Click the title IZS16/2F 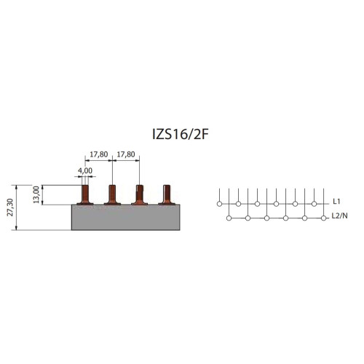click(x=181, y=134)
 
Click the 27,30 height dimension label click(x=10, y=207)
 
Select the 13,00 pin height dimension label click(x=36, y=194)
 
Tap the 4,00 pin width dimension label click(x=85, y=170)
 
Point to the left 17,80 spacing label click(x=99, y=154)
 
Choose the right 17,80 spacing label click(x=126, y=154)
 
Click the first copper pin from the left click(x=85, y=194)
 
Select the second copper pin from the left click(x=112, y=194)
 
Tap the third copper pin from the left click(x=140, y=194)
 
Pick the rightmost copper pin click(x=167, y=194)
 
